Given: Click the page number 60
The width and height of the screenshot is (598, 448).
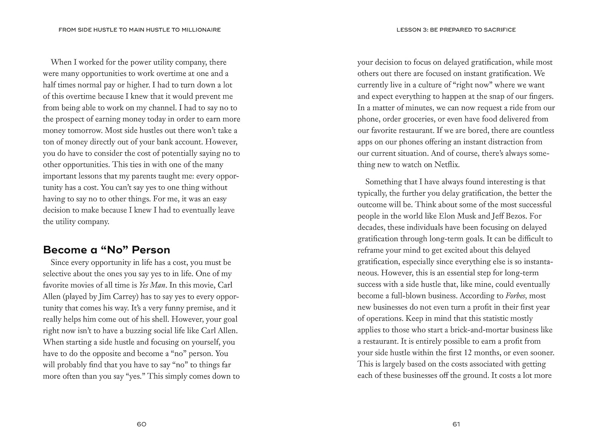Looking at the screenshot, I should pyautogui.click(x=142, y=424).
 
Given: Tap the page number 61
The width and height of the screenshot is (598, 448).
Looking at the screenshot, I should pyautogui.click(x=456, y=424).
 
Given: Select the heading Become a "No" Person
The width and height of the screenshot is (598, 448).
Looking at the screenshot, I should pyautogui.click(x=106, y=250).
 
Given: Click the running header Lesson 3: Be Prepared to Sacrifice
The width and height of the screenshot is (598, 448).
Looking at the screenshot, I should pyautogui.click(x=456, y=30).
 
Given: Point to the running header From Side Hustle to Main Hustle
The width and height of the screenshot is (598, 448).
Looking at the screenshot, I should pyautogui.click(x=140, y=30).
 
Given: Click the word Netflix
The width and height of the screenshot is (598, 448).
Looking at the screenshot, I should pyautogui.click(x=447, y=164).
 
